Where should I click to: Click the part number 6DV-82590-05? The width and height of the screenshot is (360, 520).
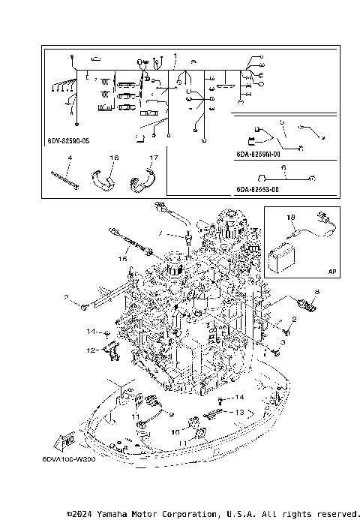coord(67,140)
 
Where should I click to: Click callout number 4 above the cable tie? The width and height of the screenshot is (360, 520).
coord(69,158)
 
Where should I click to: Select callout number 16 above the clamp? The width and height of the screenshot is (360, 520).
coord(114,158)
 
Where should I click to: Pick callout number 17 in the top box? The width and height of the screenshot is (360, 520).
coord(153,158)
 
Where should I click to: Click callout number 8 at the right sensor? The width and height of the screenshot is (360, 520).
coord(316,291)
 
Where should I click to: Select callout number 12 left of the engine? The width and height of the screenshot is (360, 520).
coord(89,350)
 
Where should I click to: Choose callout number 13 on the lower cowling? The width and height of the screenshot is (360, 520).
coord(240,413)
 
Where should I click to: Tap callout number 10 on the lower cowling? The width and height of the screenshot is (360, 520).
coord(175,431)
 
